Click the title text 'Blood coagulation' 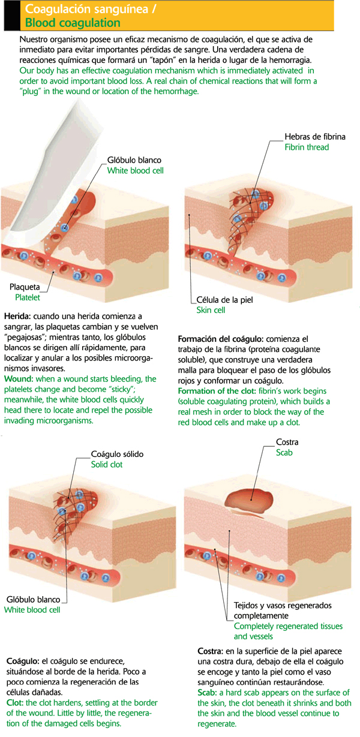click(x=73, y=23)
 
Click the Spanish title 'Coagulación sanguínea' click(x=86, y=9)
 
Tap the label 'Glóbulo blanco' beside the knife click(x=134, y=160)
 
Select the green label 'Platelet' click(x=28, y=297)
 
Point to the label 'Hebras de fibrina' click(x=315, y=137)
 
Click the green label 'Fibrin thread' click(x=307, y=147)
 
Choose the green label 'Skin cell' click(x=211, y=310)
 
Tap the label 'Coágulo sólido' click(x=117, y=454)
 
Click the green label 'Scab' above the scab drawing click(x=284, y=453)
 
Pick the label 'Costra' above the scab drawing click(x=287, y=442)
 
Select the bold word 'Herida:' click(x=17, y=317)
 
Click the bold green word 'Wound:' click(x=19, y=379)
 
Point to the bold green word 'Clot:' click(x=15, y=703)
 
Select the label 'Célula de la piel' click(x=225, y=300)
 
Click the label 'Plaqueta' click(x=25, y=287)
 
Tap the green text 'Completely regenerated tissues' click(x=288, y=626)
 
